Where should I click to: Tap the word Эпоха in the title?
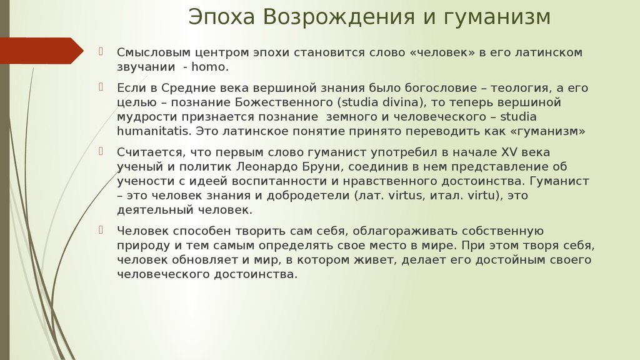pos(222,17)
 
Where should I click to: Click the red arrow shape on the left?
pos(42,51)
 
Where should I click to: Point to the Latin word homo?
pos(210,67)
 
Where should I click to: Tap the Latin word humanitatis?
pos(154,131)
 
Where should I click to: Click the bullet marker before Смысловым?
pos(101,51)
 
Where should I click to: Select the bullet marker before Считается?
pos(101,151)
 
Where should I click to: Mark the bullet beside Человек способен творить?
pos(101,230)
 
